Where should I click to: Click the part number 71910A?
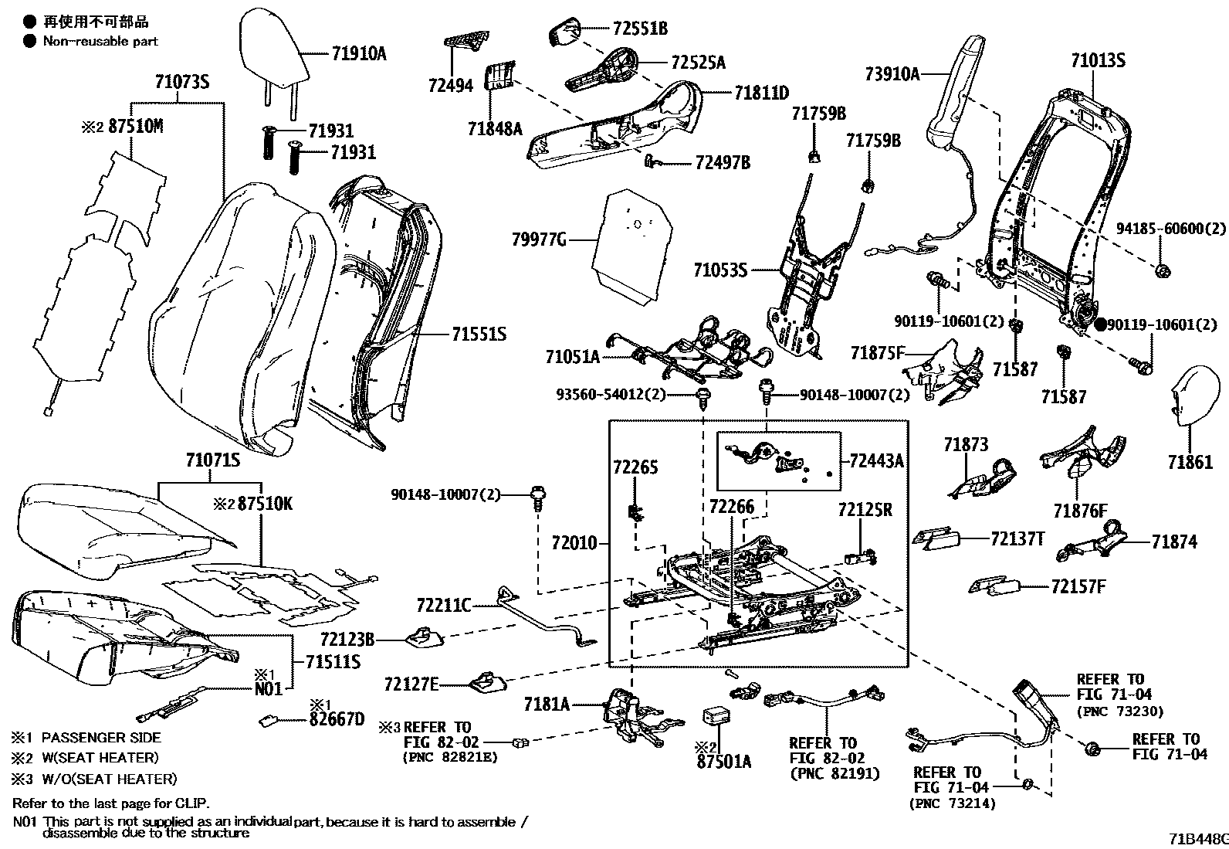pos(359,53)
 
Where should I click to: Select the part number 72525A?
pos(698,63)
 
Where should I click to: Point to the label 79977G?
pos(539,240)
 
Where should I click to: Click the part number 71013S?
pos(1098,59)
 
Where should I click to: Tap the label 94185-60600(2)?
pos(1171,230)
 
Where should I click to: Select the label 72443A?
pos(875,461)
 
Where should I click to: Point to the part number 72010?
pos(574,543)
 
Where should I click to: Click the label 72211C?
pos(443,605)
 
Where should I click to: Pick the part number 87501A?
pos(723,762)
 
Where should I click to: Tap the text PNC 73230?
pos(1119,711)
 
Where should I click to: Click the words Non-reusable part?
pos(100,41)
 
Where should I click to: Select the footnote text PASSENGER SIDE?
pos(100,738)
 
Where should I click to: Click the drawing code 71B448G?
pos(1197,839)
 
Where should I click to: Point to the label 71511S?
pos(333,661)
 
